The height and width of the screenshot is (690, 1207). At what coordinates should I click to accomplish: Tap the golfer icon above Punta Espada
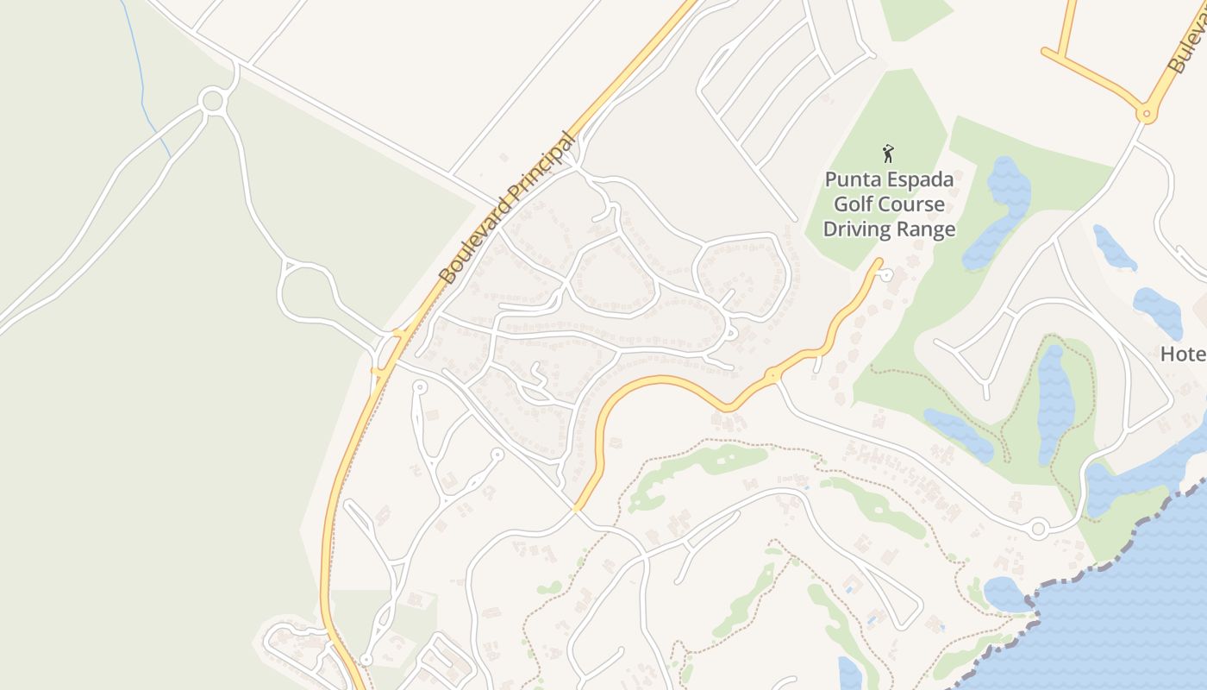pyautogui.click(x=888, y=154)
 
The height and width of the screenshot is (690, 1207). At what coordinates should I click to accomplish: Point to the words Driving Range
pyautogui.click(x=889, y=229)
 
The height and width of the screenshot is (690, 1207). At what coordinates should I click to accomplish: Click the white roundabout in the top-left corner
pyautogui.click(x=212, y=100)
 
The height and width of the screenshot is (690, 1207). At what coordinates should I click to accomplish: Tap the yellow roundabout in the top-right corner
pyautogui.click(x=1146, y=113)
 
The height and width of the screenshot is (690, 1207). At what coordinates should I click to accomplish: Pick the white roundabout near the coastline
pyautogui.click(x=1038, y=528)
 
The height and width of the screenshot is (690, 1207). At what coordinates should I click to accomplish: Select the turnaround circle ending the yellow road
pyautogui.click(x=887, y=274)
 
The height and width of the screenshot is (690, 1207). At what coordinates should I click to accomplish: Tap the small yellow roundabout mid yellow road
pyautogui.click(x=772, y=375)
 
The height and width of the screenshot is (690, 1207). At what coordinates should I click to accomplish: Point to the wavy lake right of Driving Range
pyautogui.click(x=1000, y=211)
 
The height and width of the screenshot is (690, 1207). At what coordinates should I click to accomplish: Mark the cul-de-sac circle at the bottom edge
pyautogui.click(x=366, y=660)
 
